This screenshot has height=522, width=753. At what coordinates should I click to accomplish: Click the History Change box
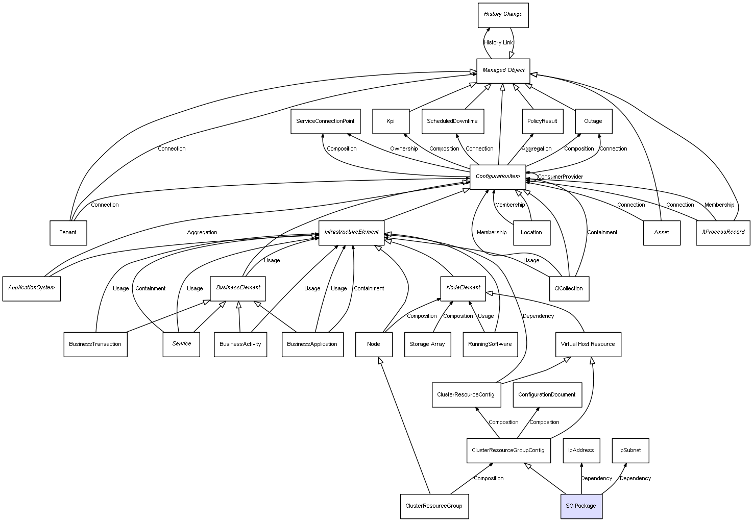[x=503, y=15]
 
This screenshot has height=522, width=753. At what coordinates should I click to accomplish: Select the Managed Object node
[x=503, y=70]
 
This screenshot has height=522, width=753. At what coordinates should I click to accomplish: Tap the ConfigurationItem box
[x=498, y=177]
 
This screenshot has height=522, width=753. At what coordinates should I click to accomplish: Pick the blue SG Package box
[x=581, y=506]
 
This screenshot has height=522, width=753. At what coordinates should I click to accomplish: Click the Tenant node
[x=68, y=233]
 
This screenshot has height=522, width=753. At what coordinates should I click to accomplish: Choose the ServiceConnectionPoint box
[x=325, y=121]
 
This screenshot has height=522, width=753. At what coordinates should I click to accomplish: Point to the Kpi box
[x=391, y=121]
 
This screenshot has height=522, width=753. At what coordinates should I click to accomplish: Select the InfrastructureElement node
[x=351, y=233]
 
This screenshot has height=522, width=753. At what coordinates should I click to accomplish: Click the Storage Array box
[x=427, y=344]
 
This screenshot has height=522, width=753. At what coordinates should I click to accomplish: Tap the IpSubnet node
[x=630, y=451]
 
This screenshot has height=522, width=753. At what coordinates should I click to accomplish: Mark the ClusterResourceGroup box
[x=434, y=506]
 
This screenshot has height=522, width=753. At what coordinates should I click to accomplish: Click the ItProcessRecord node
[x=723, y=233]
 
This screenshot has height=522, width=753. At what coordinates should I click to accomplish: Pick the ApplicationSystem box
[x=32, y=288]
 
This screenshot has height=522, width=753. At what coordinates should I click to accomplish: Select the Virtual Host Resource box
[x=588, y=344]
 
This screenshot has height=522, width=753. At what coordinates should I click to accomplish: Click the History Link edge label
[x=498, y=43]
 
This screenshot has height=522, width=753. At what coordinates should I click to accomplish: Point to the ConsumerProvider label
[x=560, y=177]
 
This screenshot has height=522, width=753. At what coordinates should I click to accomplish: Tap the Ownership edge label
[x=404, y=149]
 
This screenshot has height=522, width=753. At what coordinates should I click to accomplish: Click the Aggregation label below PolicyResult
[x=537, y=149]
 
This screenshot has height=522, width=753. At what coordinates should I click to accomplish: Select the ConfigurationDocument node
[x=547, y=395]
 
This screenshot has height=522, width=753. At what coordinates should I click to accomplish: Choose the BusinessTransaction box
[x=95, y=344]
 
